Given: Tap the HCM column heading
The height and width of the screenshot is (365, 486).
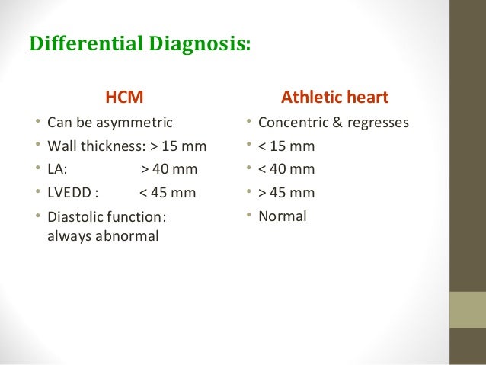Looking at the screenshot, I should coord(124,98).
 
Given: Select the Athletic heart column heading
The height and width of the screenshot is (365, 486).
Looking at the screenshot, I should coord(335,98).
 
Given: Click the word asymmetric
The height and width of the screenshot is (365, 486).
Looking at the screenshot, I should coord(135,122).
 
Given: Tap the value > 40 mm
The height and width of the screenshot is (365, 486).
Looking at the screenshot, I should coord(169,169).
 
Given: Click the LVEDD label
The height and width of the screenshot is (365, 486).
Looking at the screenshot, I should coord(69,193).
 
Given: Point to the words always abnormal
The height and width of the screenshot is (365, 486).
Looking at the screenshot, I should coord(103,236).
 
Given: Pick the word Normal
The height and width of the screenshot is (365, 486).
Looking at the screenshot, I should coord(283,216).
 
